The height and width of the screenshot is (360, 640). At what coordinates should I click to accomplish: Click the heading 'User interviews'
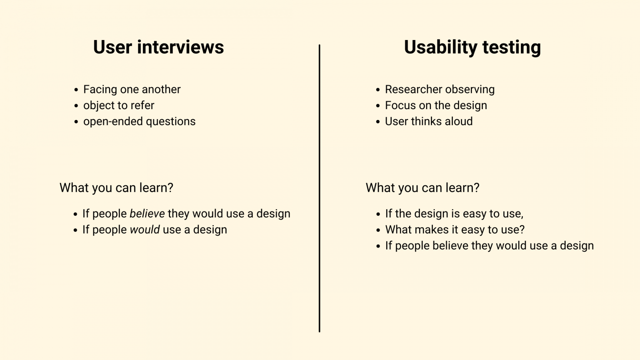pyautogui.click(x=158, y=47)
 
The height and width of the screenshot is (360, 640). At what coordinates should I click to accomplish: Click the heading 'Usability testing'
pyautogui.click(x=472, y=47)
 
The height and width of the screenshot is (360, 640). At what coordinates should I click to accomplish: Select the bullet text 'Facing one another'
pyautogui.click(x=132, y=90)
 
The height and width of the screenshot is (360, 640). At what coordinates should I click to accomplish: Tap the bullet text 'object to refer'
pyautogui.click(x=119, y=105)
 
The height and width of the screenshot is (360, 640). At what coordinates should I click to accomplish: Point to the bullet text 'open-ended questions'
pyautogui.click(x=139, y=122)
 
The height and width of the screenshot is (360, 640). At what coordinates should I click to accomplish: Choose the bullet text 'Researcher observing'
pyautogui.click(x=440, y=90)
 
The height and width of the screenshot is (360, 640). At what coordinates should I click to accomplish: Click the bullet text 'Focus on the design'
pyautogui.click(x=436, y=105)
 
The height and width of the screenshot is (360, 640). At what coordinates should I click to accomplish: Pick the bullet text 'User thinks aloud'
pyautogui.click(x=429, y=122)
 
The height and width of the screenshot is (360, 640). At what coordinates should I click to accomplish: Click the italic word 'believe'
pyautogui.click(x=147, y=214)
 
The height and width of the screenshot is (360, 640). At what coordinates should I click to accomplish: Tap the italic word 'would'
pyautogui.click(x=145, y=230)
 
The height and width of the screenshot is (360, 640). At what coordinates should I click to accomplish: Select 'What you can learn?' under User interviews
pyautogui.click(x=116, y=188)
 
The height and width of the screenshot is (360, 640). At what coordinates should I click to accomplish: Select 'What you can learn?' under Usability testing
pyautogui.click(x=422, y=188)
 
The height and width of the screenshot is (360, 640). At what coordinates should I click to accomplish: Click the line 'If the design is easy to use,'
pyautogui.click(x=454, y=214)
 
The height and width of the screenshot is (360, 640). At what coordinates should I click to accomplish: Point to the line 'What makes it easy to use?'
pyautogui.click(x=455, y=230)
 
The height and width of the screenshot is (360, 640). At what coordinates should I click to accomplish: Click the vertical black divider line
pyautogui.click(x=320, y=187)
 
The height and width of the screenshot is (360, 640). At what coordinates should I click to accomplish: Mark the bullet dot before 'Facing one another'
pyautogui.click(x=76, y=90)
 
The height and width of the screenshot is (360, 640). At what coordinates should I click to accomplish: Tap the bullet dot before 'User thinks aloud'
pyautogui.click(x=378, y=122)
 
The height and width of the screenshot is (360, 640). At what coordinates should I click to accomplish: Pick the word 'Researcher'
pyautogui.click(x=410, y=90)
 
